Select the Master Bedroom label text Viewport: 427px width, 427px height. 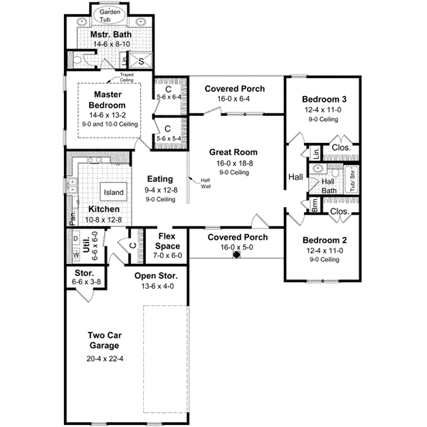tap(108, 100)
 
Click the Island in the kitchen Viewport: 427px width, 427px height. tap(113, 192)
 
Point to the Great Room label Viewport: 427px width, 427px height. tap(233, 152)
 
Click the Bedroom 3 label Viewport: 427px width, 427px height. tap(323, 99)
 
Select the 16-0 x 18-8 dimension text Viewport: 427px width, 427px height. tap(233, 162)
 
